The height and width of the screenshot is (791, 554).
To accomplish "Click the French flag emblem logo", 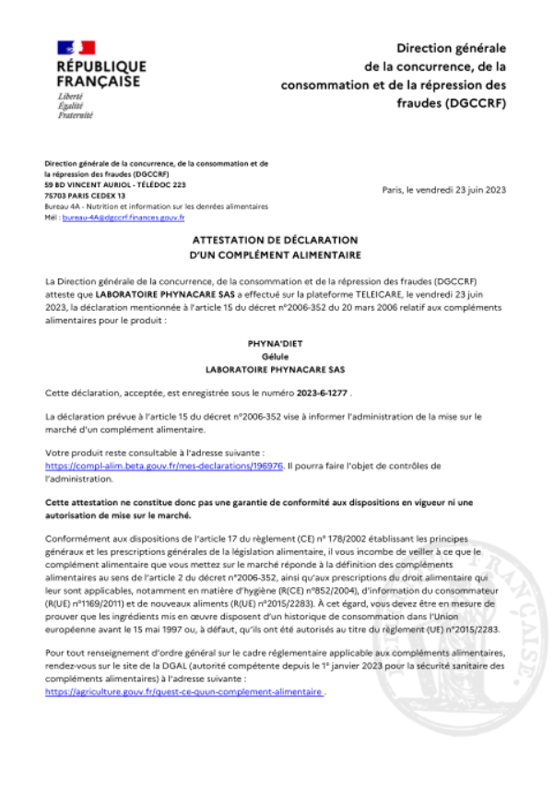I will pyautogui.click(x=77, y=47).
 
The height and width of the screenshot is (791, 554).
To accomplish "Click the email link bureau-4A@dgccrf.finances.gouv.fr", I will pyautogui.click(x=124, y=218).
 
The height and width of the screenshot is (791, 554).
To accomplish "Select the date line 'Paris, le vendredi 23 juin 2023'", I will pyautogui.click(x=443, y=190).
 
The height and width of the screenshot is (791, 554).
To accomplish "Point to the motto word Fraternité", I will pyautogui.click(x=75, y=115).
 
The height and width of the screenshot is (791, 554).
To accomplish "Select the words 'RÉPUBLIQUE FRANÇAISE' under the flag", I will pyautogui.click(x=101, y=74).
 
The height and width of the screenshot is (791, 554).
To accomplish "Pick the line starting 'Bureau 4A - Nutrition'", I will pyautogui.click(x=156, y=207).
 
